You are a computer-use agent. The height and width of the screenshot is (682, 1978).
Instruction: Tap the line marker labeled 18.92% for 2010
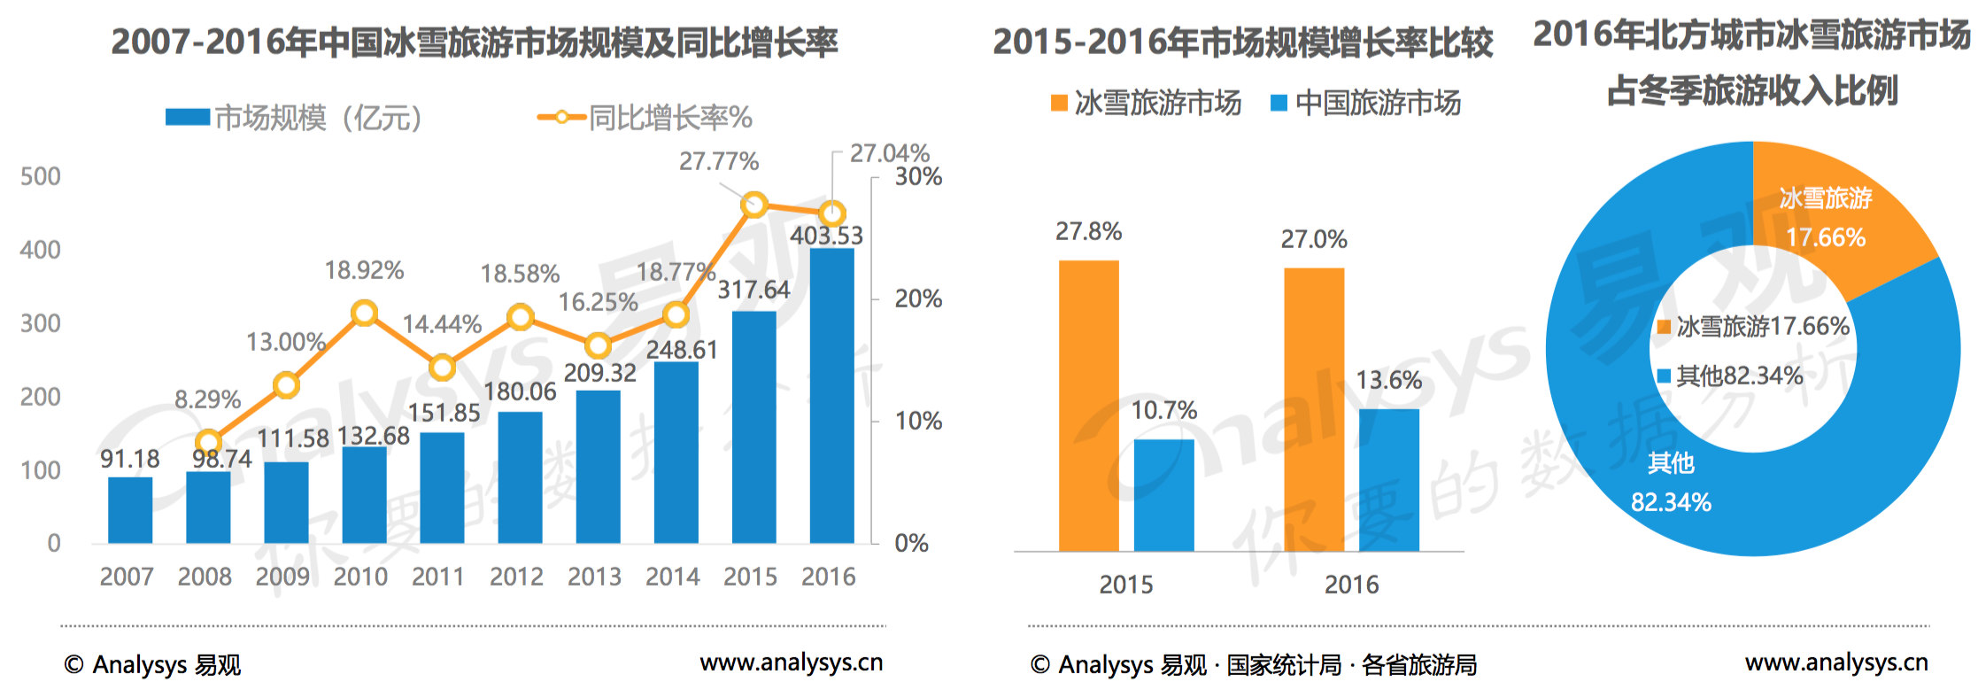click(364, 313)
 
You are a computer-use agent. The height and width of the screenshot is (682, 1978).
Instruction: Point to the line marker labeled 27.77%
click(753, 205)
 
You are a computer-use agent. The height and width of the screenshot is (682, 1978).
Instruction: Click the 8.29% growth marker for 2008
click(208, 442)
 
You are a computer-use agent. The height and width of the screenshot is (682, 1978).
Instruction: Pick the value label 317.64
click(753, 290)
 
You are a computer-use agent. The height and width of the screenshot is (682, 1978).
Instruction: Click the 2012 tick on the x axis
click(516, 577)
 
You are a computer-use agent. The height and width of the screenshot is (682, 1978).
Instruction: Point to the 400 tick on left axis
click(41, 250)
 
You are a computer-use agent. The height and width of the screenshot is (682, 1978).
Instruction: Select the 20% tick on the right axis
click(918, 298)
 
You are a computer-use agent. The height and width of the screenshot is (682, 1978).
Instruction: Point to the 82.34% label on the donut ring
click(1671, 502)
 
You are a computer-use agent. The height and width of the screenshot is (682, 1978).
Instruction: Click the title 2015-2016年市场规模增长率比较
click(1242, 42)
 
